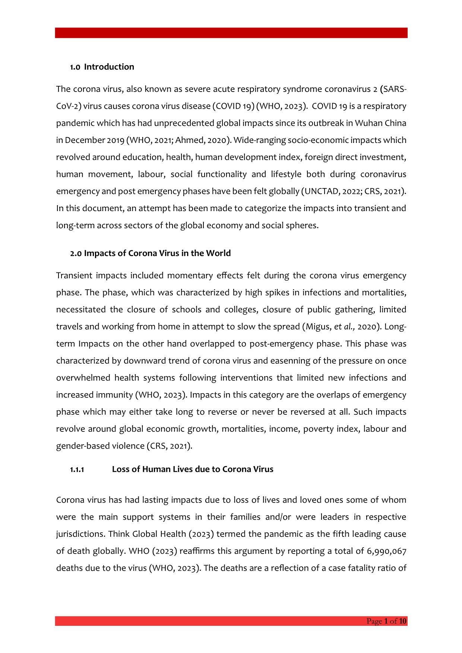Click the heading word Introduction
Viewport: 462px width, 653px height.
(x=109, y=67)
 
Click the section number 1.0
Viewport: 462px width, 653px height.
(x=75, y=67)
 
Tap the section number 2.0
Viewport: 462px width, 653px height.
(x=76, y=254)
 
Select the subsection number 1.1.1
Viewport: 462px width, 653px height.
(x=77, y=469)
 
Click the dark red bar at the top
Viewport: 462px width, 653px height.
(x=231, y=33)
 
